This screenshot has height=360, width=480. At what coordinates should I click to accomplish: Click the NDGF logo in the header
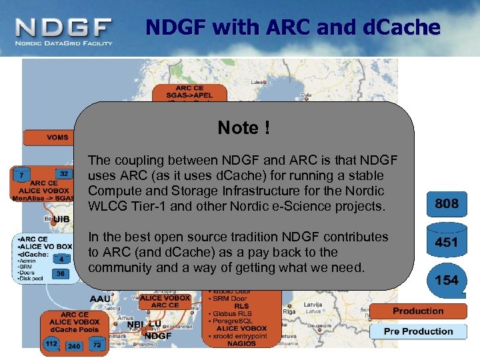pyautogui.click(x=63, y=31)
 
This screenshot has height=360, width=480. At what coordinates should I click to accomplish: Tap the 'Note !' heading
pyautogui.click(x=244, y=127)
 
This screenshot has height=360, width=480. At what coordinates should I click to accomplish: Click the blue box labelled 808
pyautogui.click(x=447, y=205)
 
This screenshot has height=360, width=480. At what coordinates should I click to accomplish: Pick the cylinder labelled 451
pyautogui.click(x=447, y=242)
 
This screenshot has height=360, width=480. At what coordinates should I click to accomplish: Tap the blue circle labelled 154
pyautogui.click(x=447, y=281)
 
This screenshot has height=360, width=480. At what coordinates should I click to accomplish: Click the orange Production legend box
pyautogui.click(x=418, y=311)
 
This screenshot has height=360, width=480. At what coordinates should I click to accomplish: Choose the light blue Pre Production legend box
pyautogui.click(x=418, y=331)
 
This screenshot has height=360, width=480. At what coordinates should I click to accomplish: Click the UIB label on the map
pyautogui.click(x=61, y=219)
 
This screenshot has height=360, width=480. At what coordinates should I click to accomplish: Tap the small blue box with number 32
pyautogui.click(x=63, y=174)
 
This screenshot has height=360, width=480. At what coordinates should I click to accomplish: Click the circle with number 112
pyautogui.click(x=51, y=344)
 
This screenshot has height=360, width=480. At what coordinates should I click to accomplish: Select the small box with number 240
pyautogui.click(x=74, y=346)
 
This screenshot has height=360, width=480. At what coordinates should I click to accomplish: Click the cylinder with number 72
pyautogui.click(x=97, y=345)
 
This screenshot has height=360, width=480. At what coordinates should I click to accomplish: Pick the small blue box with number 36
pyautogui.click(x=61, y=273)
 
